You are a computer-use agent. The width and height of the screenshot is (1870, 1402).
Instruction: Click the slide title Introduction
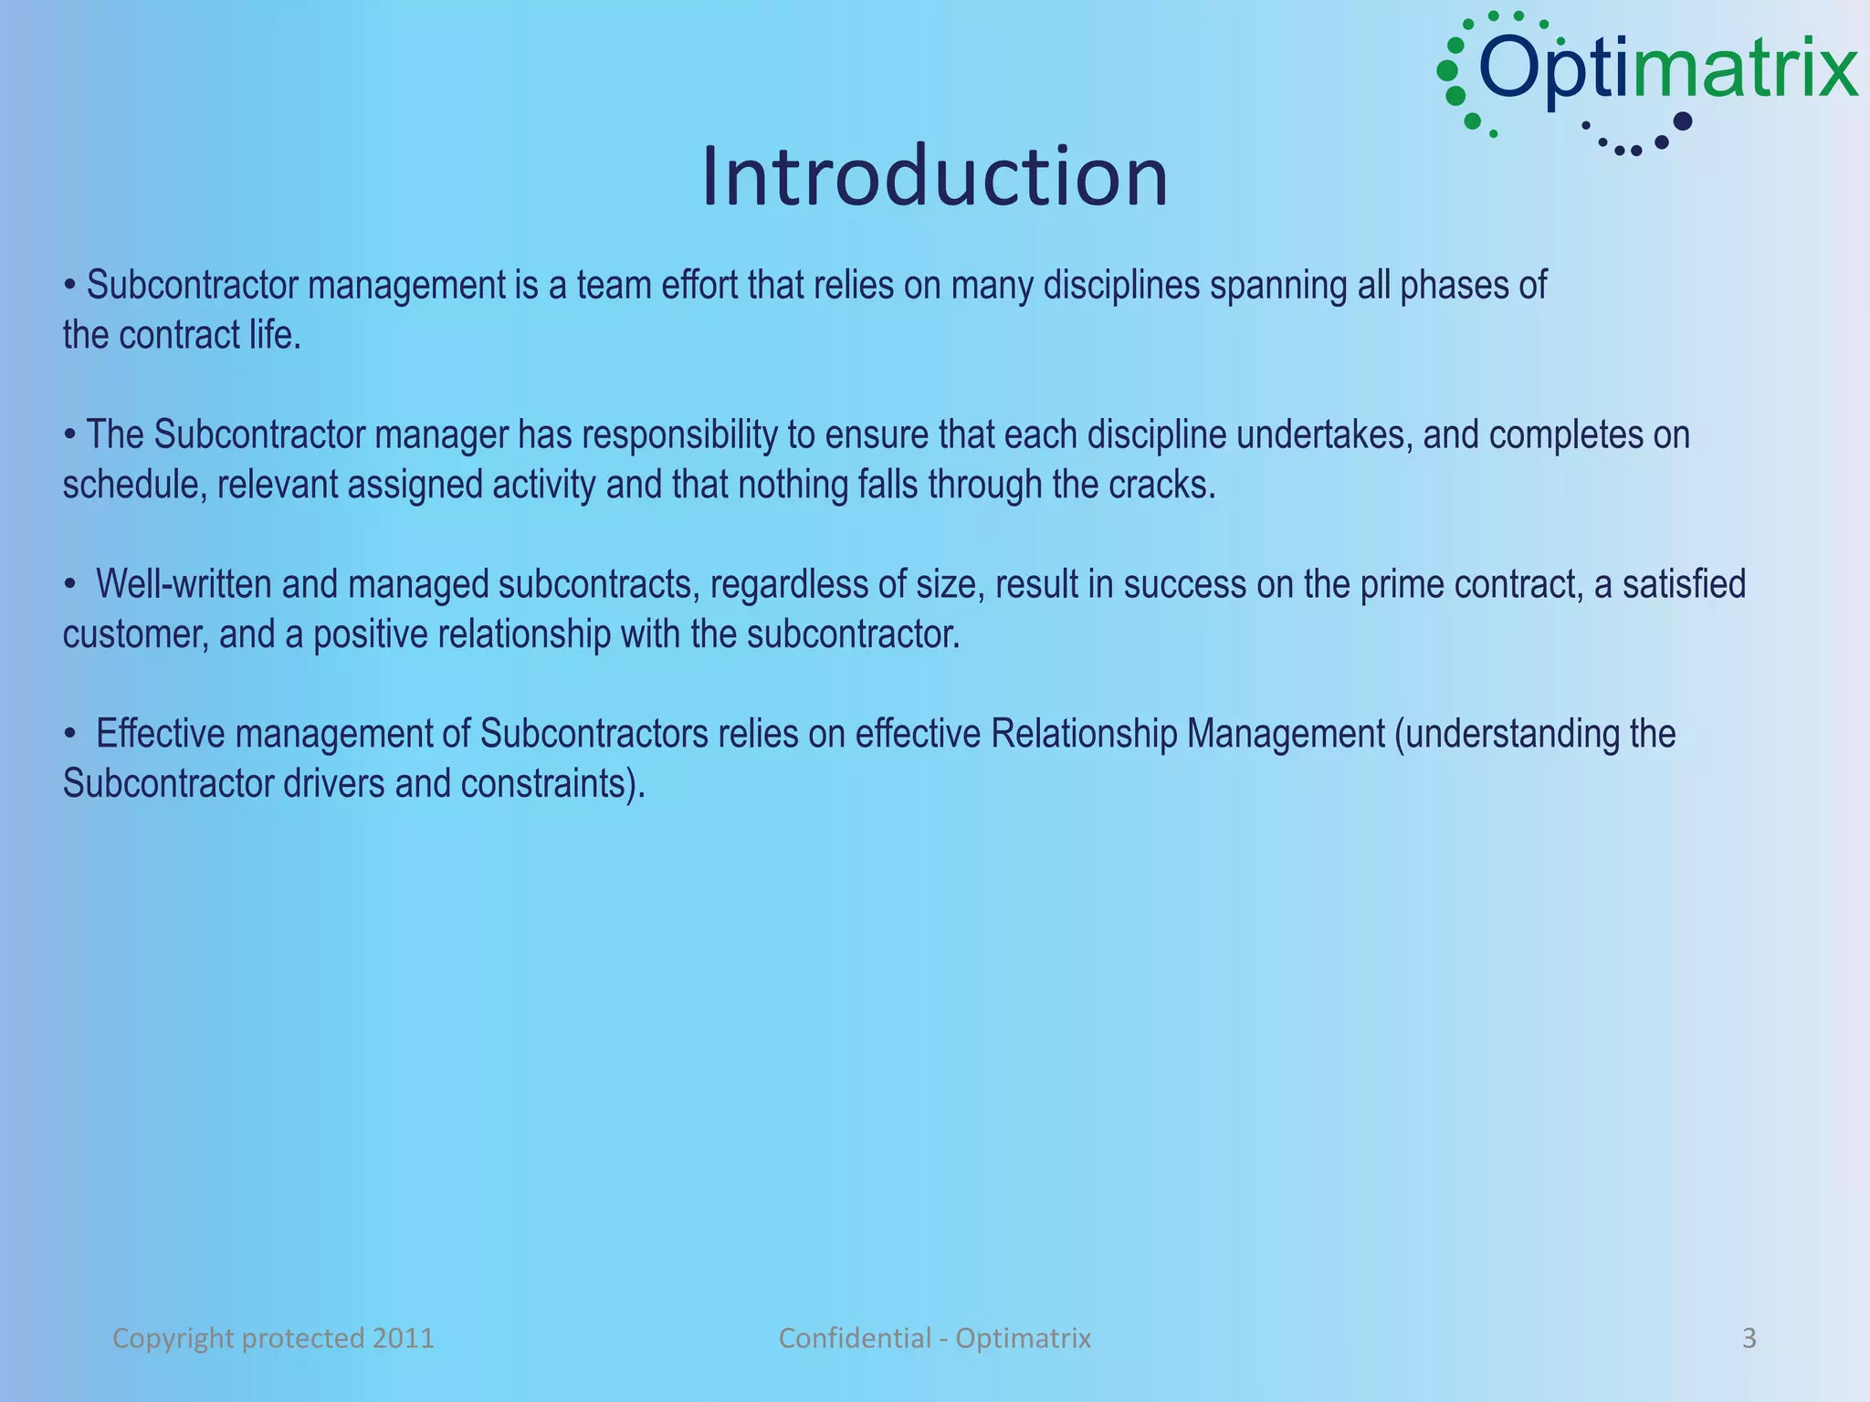pos(934,176)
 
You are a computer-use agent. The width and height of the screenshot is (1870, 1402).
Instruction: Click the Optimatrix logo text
pos(1666,68)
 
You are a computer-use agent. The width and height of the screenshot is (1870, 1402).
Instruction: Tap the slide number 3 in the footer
pos(1749,1338)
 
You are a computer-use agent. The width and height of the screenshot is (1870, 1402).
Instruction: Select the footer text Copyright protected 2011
pos(273,1338)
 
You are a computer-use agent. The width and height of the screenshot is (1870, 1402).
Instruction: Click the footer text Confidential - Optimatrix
pos(934,1338)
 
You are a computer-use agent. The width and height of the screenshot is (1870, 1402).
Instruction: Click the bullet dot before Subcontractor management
pos(69,287)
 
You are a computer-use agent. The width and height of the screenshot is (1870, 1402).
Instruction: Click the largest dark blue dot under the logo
pos(1682,120)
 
